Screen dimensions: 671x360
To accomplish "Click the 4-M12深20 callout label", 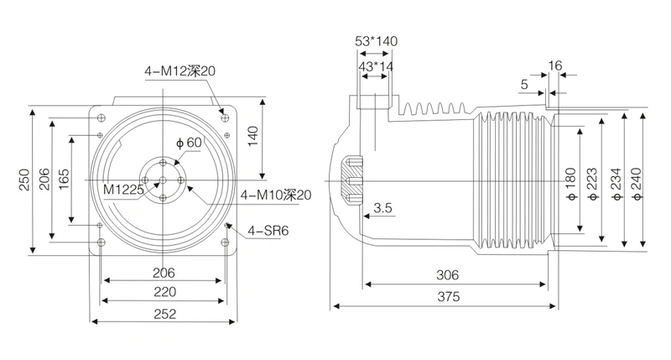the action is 179,70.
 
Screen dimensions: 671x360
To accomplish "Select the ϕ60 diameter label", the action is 189,143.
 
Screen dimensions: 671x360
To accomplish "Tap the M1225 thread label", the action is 123,189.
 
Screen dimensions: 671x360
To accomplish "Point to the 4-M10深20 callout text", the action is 276,196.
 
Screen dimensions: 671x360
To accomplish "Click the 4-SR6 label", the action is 268,231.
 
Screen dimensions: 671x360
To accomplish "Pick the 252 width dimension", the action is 164,314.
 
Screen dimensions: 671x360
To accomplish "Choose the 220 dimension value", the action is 164,292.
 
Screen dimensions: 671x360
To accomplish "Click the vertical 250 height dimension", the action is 24,180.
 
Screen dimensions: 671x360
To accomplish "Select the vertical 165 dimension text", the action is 64,180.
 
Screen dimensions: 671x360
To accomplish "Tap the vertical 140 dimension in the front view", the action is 253,136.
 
